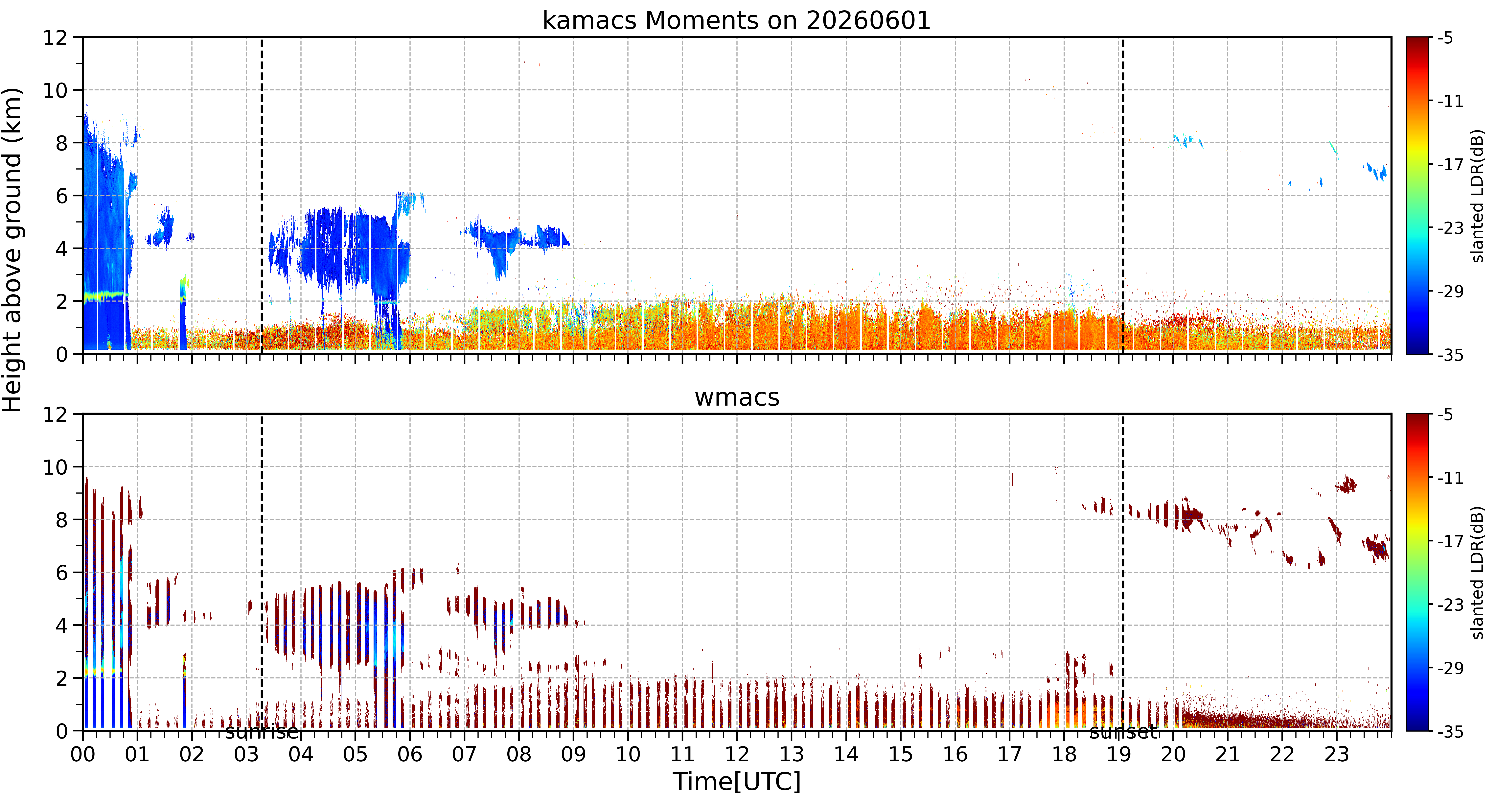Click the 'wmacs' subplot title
click(737, 397)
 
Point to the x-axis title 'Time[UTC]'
click(736, 782)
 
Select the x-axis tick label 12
click(737, 754)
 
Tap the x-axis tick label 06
click(410, 754)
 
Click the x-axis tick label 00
click(83, 754)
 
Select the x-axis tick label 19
click(1118, 754)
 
